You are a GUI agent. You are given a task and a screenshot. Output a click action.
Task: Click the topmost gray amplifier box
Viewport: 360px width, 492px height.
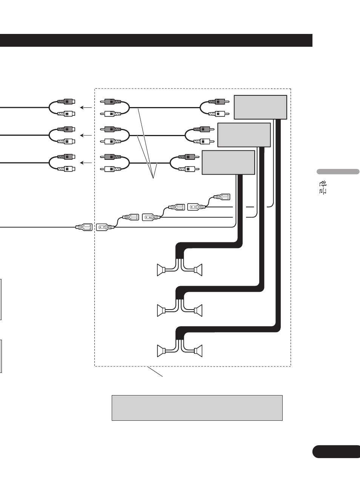(x=260, y=107)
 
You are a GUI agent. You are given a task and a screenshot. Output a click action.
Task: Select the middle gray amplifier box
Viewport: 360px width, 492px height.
(x=244, y=135)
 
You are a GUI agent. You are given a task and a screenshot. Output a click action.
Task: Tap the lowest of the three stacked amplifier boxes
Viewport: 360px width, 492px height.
(x=228, y=162)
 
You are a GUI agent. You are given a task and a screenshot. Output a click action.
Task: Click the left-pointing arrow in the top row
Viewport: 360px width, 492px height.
(x=86, y=107)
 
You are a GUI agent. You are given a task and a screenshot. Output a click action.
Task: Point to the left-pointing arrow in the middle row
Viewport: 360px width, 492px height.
(x=86, y=135)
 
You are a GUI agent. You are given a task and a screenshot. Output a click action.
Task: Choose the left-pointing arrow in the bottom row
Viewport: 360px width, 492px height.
(x=86, y=163)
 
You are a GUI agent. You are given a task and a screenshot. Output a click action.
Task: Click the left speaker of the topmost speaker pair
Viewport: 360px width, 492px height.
(x=161, y=270)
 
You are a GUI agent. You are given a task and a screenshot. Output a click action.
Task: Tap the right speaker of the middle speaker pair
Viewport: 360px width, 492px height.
(x=198, y=310)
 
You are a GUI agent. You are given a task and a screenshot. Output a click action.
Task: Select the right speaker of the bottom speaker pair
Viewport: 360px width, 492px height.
(x=198, y=351)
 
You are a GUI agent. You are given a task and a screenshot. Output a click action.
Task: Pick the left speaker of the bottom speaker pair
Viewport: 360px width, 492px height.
(x=161, y=351)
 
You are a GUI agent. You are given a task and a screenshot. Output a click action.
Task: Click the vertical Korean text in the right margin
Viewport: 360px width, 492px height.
(x=322, y=187)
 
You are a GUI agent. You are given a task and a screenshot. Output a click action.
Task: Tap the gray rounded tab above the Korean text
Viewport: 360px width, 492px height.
(x=338, y=172)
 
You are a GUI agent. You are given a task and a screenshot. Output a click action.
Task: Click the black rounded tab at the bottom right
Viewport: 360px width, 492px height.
(x=336, y=452)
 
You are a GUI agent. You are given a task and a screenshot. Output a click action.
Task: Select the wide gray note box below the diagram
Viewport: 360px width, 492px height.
(x=197, y=408)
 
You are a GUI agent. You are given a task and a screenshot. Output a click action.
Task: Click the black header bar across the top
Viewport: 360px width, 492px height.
(x=156, y=40)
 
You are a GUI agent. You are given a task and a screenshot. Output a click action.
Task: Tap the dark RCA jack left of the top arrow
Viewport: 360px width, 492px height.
(x=66, y=101)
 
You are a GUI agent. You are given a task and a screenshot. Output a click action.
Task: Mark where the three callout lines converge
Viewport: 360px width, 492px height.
(x=153, y=178)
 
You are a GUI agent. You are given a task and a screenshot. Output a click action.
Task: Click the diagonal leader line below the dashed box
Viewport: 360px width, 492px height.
(x=155, y=371)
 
